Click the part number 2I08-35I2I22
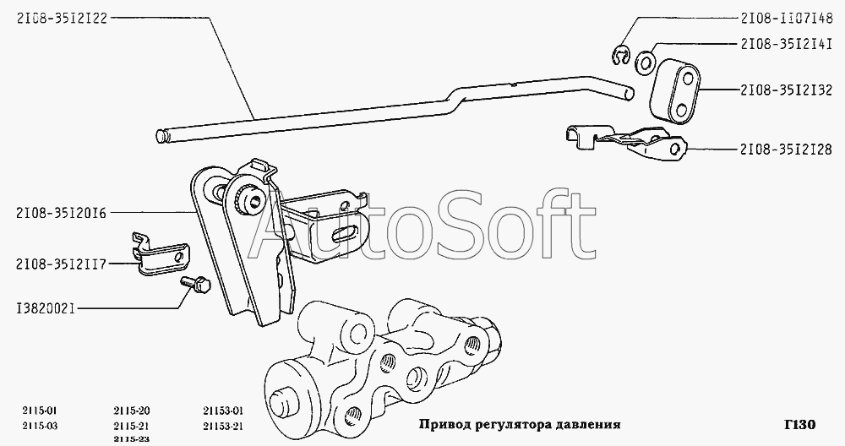[x=54, y=19]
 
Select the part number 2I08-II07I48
[x=787, y=18]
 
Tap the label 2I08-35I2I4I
[x=787, y=43]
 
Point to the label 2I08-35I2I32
[x=787, y=90]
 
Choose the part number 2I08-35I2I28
[x=787, y=150]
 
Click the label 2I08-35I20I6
[x=53, y=213]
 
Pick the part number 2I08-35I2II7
[x=53, y=264]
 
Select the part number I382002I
[x=38, y=308]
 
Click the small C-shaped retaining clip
[x=622, y=57]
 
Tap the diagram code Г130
[x=800, y=424]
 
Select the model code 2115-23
[x=132, y=438]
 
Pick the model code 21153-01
[x=224, y=411]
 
